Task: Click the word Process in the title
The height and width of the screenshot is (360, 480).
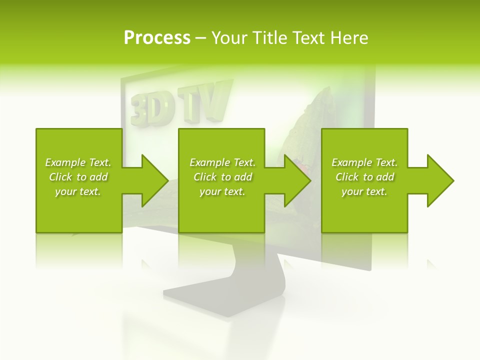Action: (x=157, y=37)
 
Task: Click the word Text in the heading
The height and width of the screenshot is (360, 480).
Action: (x=308, y=37)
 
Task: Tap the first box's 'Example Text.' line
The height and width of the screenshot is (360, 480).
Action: (x=78, y=162)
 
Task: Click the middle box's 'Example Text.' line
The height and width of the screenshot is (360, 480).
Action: (x=222, y=162)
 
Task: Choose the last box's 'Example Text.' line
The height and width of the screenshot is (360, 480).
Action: (x=364, y=162)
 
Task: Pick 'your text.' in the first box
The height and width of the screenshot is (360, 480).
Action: (x=78, y=191)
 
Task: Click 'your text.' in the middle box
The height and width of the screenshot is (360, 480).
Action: (x=222, y=191)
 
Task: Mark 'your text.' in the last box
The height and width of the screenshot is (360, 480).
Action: (x=364, y=191)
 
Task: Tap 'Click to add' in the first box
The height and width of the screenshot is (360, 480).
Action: (x=78, y=177)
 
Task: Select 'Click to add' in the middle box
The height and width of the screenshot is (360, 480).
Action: (x=222, y=177)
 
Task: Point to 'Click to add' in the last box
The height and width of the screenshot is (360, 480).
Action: (x=364, y=177)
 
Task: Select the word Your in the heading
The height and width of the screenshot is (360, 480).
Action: (x=228, y=37)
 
